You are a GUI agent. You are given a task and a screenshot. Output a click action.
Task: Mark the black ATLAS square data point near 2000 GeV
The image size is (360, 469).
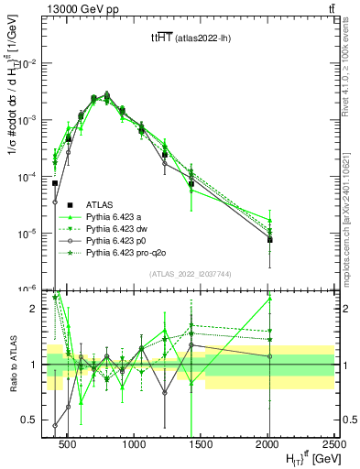click(x=269, y=240)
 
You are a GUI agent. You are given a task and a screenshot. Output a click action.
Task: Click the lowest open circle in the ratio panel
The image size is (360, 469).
click(x=55, y=425)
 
